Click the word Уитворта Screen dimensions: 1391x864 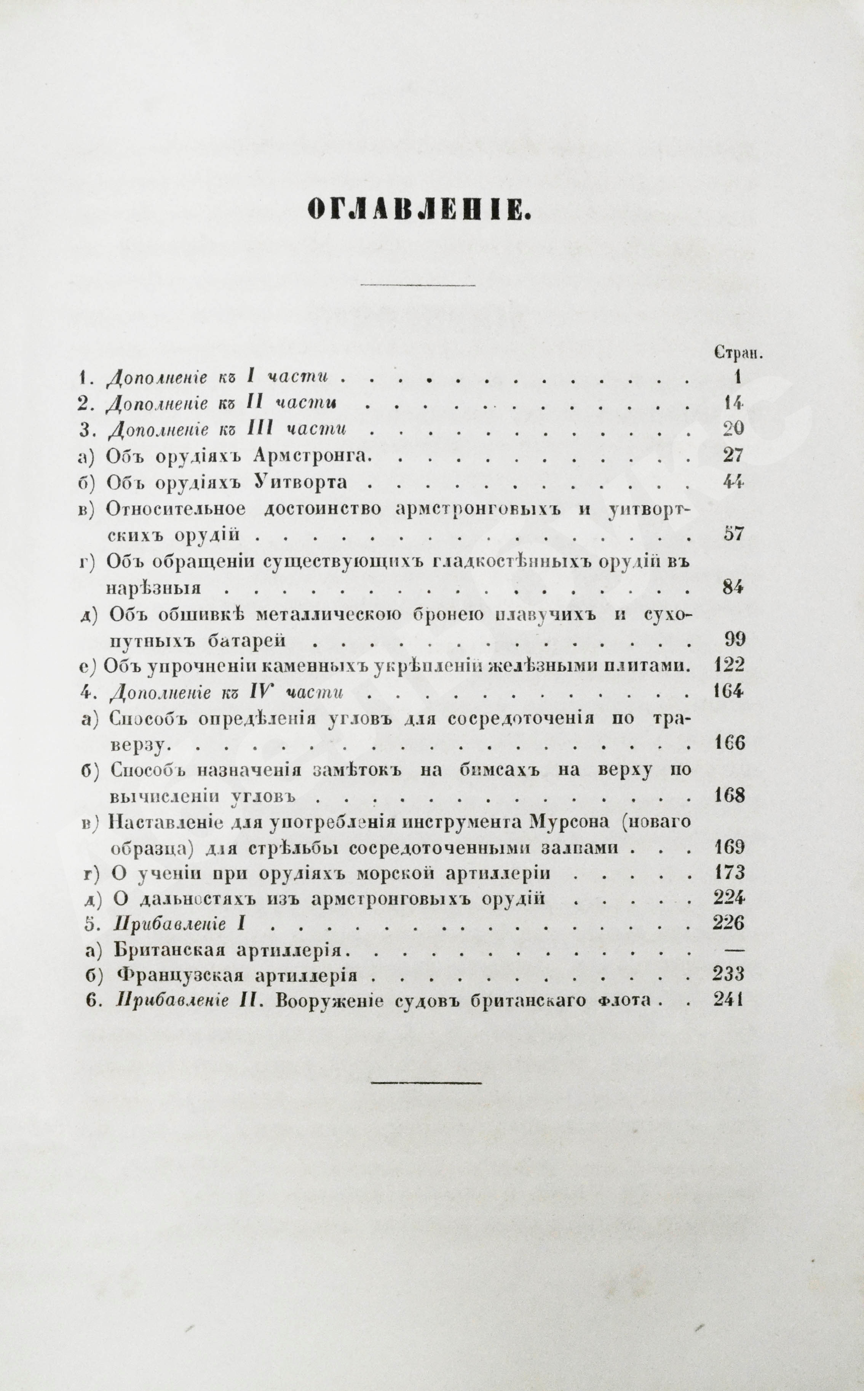pyautogui.click(x=300, y=482)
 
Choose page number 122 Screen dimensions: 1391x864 pyautogui.click(x=729, y=665)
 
